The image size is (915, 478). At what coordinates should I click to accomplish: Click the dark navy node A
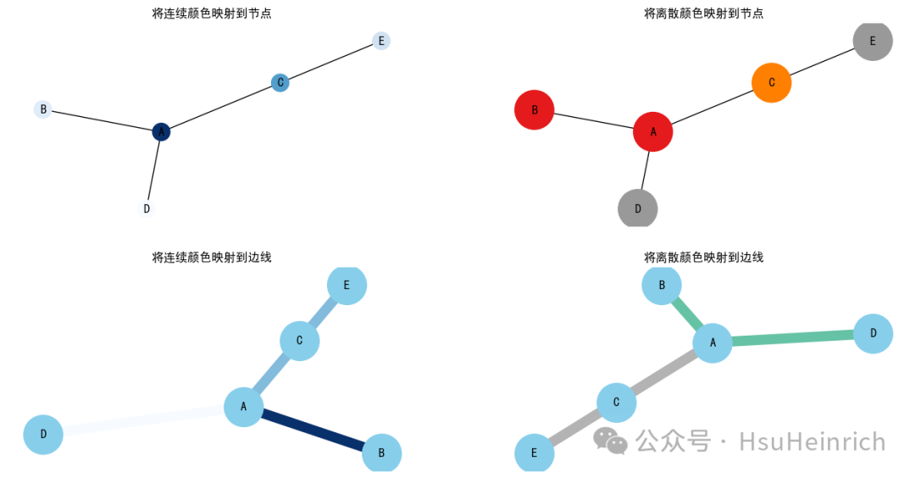pos(161,131)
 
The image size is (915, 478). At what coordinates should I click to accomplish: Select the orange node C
pos(771,82)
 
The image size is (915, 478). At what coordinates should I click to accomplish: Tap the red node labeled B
pos(534,110)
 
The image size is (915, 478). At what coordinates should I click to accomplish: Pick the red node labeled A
pos(652,131)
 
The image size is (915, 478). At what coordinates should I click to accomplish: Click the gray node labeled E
pos(872,41)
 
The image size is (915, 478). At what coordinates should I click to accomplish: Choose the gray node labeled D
pos(637,208)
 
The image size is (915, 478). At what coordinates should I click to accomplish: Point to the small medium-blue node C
pos(280,82)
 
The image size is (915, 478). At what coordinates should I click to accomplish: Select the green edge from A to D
pos(792,338)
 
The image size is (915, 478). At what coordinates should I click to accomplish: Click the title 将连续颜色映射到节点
pos(212,14)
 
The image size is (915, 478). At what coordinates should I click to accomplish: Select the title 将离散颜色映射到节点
pos(703,14)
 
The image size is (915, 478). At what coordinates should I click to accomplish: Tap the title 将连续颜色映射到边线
pos(212,257)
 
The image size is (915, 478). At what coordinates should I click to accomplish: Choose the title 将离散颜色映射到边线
pos(703,257)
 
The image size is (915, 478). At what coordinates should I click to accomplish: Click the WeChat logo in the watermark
pos(610,440)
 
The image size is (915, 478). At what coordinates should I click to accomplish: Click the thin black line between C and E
pos(330,62)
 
